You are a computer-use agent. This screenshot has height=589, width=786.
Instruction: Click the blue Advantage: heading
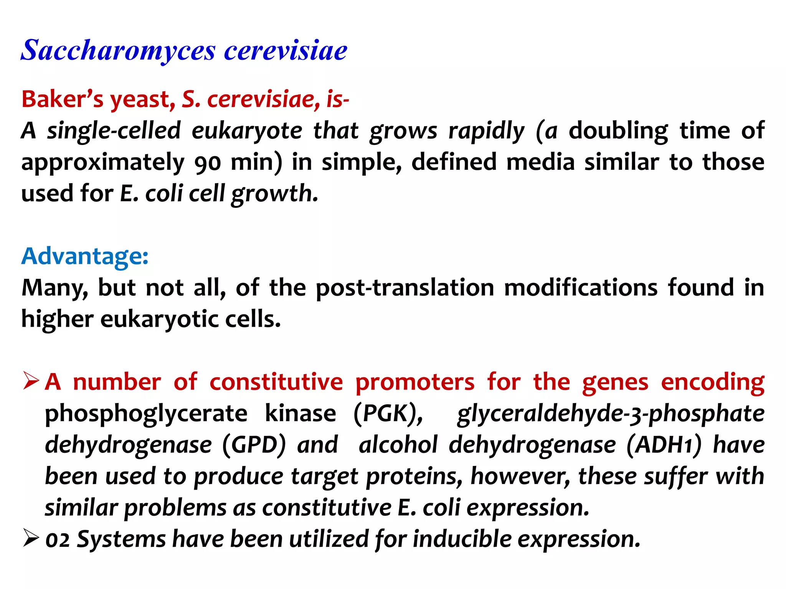(85, 256)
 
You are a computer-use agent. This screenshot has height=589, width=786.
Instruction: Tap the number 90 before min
(208, 163)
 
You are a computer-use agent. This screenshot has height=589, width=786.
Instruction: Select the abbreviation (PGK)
(388, 414)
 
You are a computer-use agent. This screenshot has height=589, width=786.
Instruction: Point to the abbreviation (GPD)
(254, 445)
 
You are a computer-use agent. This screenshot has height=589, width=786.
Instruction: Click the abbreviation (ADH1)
(664, 445)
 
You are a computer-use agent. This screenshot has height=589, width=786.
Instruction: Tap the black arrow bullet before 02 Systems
(31, 538)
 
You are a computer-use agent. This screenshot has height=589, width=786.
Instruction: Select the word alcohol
(398, 445)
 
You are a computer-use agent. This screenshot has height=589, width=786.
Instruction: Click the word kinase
(301, 414)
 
